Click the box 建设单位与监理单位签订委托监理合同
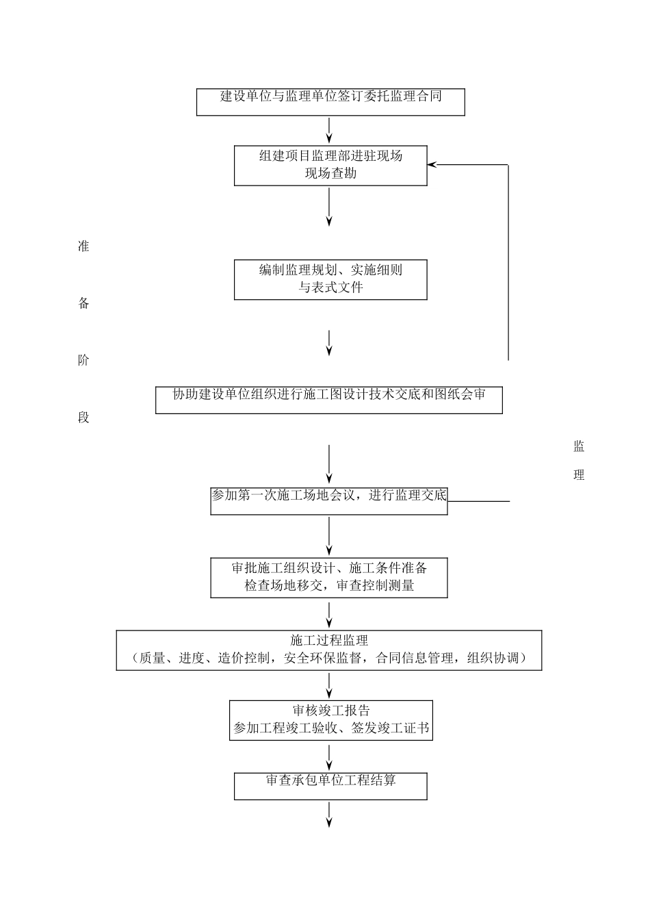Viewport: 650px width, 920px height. point(330,102)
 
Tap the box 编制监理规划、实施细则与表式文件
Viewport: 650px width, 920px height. point(330,279)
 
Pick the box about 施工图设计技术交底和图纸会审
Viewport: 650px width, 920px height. point(329,400)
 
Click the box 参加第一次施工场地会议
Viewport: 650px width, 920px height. point(329,501)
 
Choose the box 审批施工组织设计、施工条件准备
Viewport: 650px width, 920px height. point(329,578)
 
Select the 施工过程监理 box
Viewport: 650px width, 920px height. point(329,650)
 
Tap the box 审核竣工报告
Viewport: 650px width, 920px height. point(331,719)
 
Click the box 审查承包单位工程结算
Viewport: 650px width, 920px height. point(330,786)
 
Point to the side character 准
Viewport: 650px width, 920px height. point(83,247)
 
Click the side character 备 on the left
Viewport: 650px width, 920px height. point(83,304)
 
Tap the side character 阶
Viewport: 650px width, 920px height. point(83,361)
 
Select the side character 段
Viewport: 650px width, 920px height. point(83,418)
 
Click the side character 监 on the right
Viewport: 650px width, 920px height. point(579,447)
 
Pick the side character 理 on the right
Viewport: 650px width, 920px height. point(579,475)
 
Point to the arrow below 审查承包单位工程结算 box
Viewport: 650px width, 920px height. point(330,814)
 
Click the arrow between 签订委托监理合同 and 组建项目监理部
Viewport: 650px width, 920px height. point(330,130)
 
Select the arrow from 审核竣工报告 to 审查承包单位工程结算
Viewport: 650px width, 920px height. point(330,756)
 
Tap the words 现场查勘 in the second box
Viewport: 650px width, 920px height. point(330,174)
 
